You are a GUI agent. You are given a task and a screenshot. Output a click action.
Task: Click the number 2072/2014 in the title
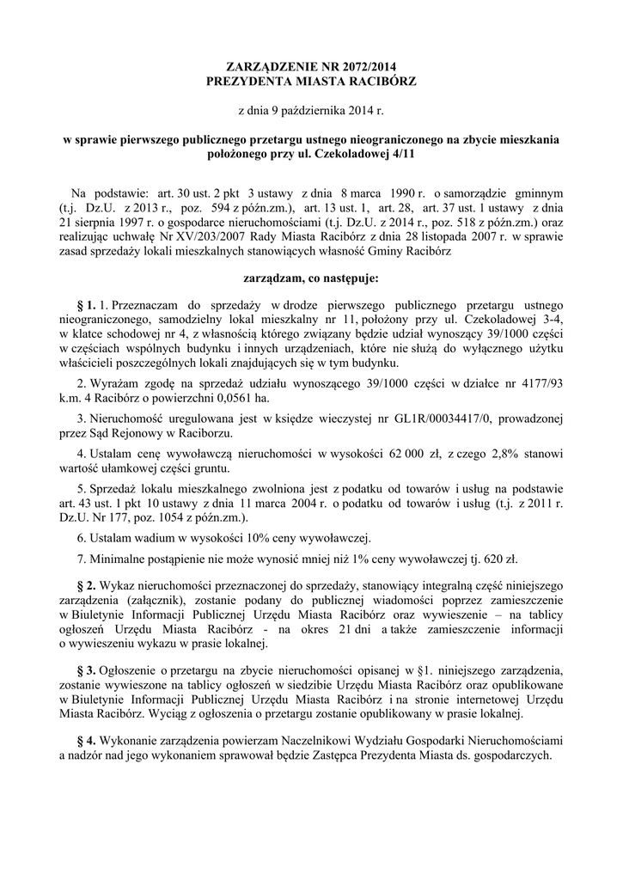pyautogui.click(x=364, y=66)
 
